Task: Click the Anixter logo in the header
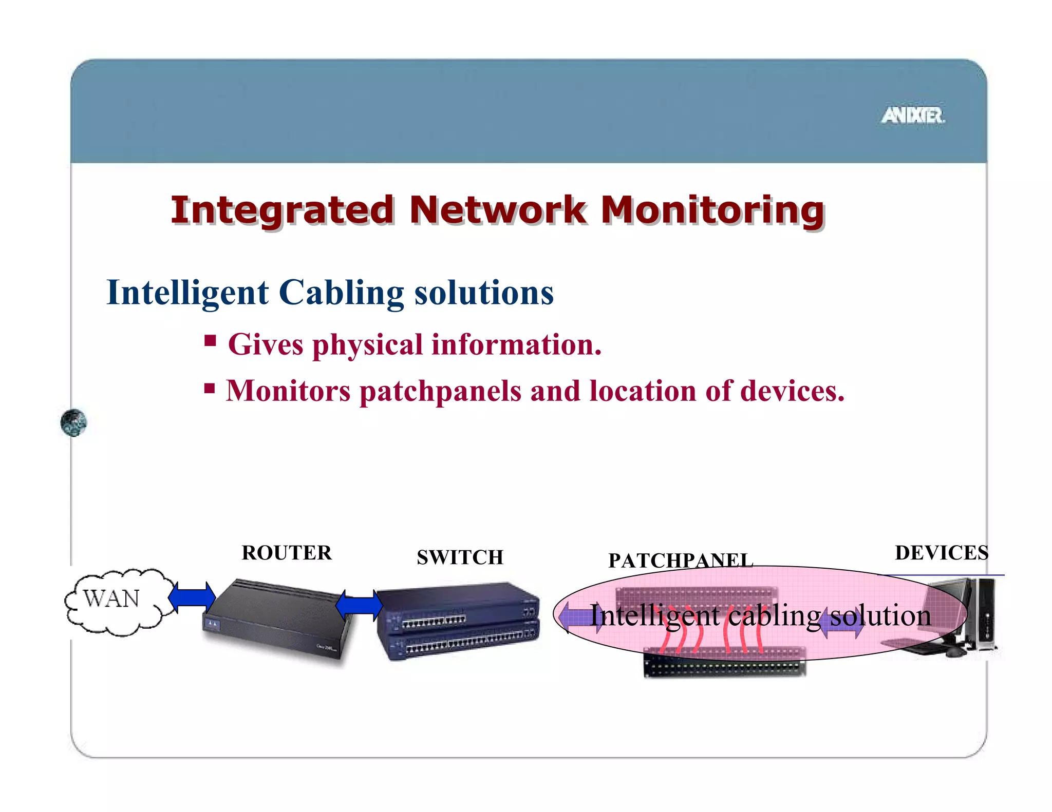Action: click(913, 115)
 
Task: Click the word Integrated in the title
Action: click(282, 210)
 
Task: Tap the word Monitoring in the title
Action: click(712, 210)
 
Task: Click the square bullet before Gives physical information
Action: click(210, 341)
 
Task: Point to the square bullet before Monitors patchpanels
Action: click(209, 388)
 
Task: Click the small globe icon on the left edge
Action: click(73, 423)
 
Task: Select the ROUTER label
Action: click(287, 553)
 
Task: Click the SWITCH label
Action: click(460, 557)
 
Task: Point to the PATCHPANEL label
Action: click(680, 560)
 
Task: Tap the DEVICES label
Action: click(941, 553)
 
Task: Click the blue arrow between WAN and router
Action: click(192, 597)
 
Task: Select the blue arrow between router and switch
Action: click(359, 605)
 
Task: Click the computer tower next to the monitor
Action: click(985, 613)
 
